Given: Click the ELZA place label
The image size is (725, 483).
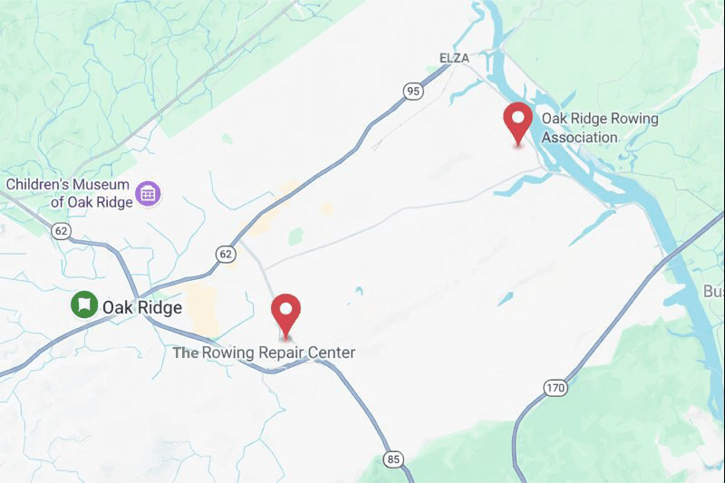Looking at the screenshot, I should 455,59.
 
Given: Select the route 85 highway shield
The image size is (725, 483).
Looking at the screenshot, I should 392,460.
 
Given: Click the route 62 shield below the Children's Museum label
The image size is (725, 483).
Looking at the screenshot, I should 62,230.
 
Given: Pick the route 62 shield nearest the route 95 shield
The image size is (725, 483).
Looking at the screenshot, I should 226,255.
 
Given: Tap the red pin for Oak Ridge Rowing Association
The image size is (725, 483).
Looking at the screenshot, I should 518,121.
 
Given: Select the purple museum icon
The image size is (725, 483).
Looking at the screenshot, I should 148,192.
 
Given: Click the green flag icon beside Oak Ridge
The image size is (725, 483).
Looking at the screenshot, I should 84,304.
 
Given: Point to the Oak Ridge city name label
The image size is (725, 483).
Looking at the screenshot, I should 141,307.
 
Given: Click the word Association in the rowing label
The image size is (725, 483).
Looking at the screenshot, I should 579,138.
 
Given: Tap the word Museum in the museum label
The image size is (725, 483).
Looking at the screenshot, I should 105,185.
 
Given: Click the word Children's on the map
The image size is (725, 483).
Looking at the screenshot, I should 41,185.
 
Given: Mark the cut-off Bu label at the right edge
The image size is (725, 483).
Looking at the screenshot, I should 714,292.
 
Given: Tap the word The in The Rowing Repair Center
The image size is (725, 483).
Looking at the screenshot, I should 185,353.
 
